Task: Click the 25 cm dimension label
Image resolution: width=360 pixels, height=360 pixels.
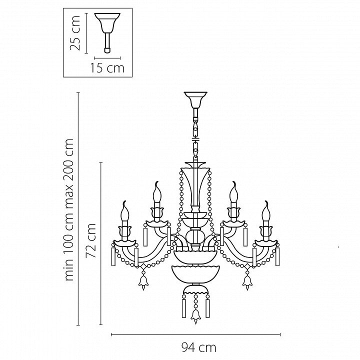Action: pyautogui.click(x=75, y=33)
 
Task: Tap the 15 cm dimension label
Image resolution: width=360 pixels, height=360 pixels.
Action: pyautogui.click(x=107, y=68)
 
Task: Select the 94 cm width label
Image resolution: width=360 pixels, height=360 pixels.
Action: pyautogui.click(x=199, y=347)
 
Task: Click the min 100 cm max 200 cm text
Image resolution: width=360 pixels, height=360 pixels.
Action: pyautogui.click(x=69, y=209)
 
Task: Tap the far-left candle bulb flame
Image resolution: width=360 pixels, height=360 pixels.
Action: pyautogui.click(x=125, y=211)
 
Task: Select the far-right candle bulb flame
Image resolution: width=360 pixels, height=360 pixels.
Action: pyautogui.click(x=266, y=211)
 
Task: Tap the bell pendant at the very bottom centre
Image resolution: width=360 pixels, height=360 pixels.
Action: pyautogui.click(x=195, y=317)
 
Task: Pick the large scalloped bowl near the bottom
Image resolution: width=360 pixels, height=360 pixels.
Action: pyautogui.click(x=195, y=274)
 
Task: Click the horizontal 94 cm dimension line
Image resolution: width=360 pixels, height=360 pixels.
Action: pyautogui.click(x=195, y=334)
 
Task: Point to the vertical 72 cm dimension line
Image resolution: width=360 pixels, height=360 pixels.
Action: pyautogui.click(x=101, y=244)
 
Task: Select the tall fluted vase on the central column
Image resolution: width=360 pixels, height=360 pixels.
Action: pyautogui.click(x=195, y=186)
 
